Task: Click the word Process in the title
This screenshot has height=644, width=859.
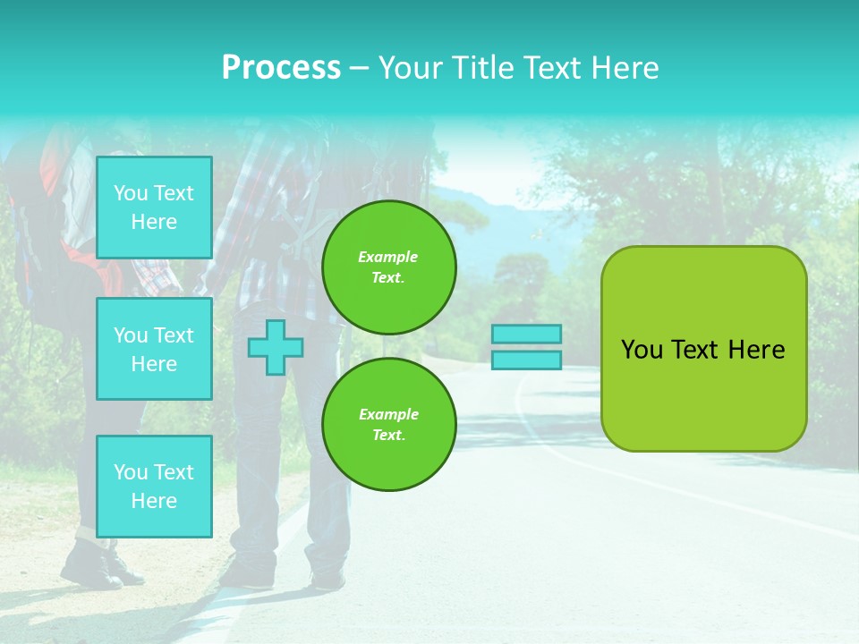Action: coord(281,68)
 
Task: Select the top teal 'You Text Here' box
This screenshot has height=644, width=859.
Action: coord(154,208)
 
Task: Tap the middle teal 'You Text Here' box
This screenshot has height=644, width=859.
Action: coord(154,349)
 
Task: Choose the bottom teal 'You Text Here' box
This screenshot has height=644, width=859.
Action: coord(154,486)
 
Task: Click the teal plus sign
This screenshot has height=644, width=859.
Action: coord(275,347)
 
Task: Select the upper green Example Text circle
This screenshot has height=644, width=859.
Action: coord(388,267)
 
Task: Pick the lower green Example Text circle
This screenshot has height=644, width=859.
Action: coord(388,424)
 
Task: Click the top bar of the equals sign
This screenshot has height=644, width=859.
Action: coord(526,335)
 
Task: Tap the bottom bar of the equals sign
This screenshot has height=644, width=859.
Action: coord(526,360)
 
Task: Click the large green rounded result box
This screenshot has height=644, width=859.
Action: coord(703,394)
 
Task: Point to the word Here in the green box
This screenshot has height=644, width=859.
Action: coord(756,350)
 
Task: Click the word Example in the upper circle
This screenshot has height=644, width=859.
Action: coord(387,257)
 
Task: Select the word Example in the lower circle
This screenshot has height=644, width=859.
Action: coord(388,414)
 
